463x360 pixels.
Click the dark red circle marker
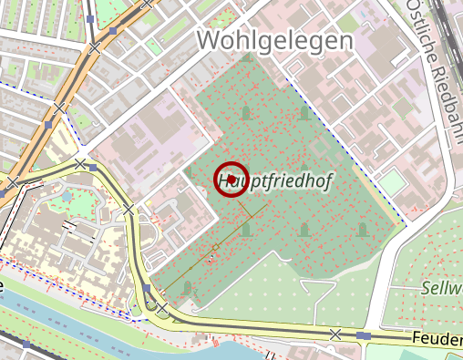231,180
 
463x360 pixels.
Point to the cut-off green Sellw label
441,288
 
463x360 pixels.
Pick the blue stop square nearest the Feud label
365,336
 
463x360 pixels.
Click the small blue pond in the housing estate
67,194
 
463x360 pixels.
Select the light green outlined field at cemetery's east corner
392,182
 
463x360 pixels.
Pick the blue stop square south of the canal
27,345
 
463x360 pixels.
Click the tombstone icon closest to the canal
189,288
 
